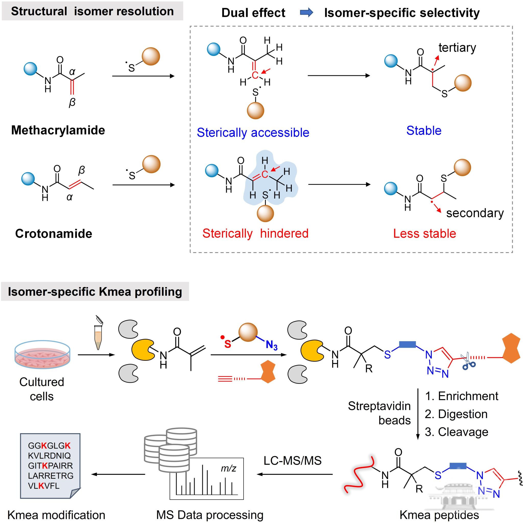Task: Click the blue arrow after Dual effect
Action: (x=306, y=13)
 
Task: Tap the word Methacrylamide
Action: (x=58, y=130)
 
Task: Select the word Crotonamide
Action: (x=54, y=234)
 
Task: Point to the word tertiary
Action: (x=457, y=48)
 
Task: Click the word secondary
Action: (x=475, y=213)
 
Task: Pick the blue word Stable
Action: (x=424, y=131)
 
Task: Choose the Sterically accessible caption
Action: (x=253, y=133)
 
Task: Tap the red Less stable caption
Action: (x=424, y=234)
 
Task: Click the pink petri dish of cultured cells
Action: (x=42, y=355)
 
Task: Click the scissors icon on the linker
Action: (x=469, y=361)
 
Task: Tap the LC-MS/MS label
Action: (x=292, y=461)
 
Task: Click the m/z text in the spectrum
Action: (x=228, y=468)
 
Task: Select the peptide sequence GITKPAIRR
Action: (x=50, y=465)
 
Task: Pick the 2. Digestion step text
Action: (x=456, y=414)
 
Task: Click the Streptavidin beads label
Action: (x=379, y=413)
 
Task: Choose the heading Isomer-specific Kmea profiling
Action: (x=95, y=292)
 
